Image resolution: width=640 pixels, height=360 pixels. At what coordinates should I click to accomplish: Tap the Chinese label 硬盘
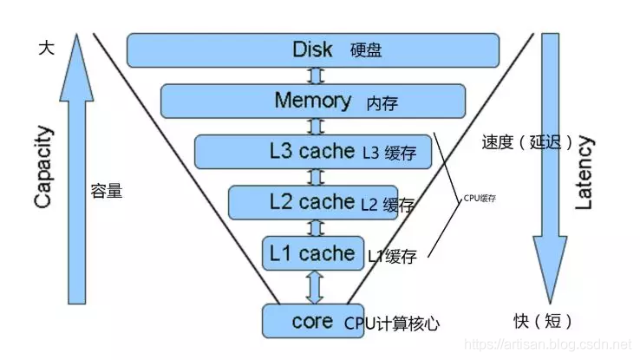click(366, 49)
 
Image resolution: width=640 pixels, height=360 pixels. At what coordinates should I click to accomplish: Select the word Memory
click(313, 100)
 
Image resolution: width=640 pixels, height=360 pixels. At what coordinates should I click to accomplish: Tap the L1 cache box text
click(312, 253)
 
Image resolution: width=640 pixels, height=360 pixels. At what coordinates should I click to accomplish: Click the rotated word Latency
click(584, 172)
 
